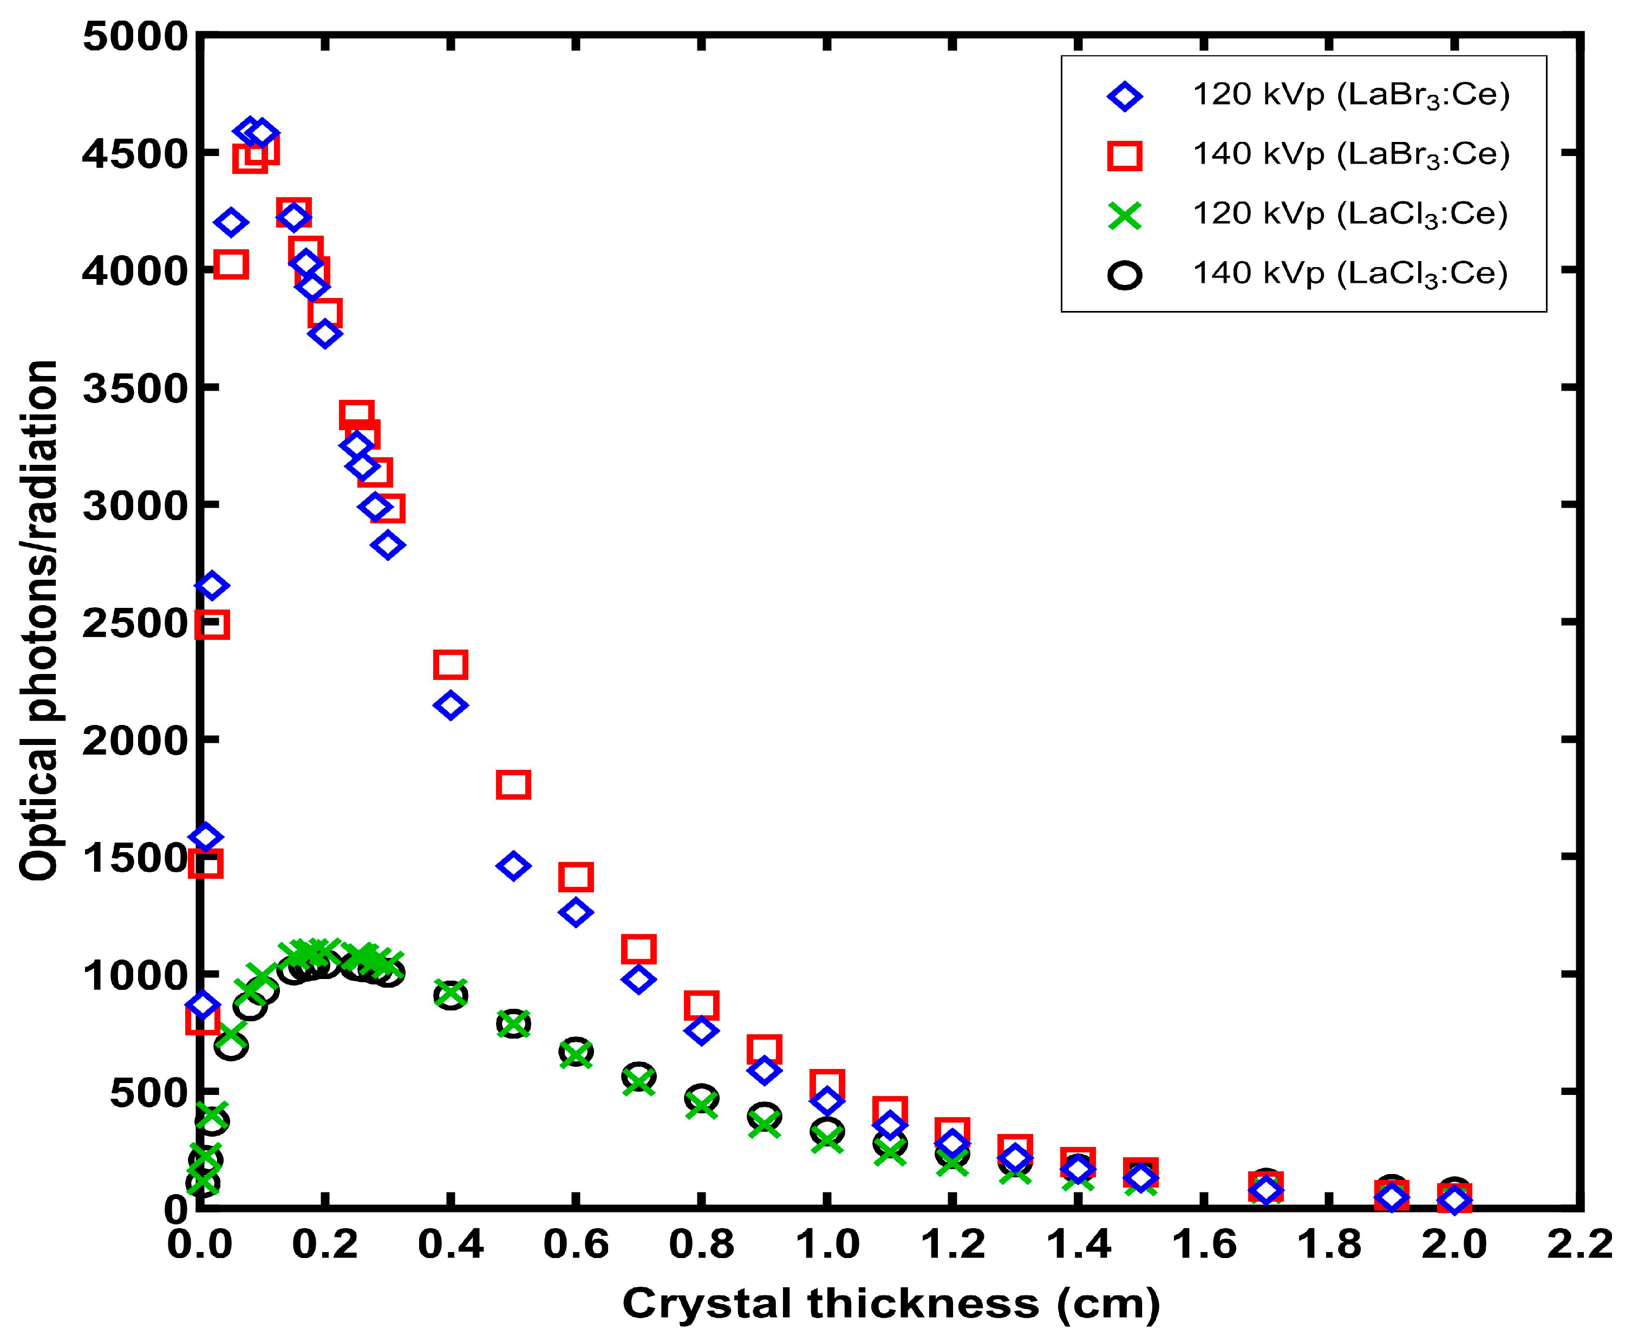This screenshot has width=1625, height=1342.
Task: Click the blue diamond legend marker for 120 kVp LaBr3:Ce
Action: coord(1124,96)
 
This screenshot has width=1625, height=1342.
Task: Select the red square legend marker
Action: coord(1124,155)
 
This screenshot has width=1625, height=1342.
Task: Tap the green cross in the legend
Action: coord(1124,215)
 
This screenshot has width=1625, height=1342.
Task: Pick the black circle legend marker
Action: coord(1124,275)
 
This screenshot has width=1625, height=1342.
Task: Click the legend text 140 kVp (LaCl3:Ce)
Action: coord(1350,274)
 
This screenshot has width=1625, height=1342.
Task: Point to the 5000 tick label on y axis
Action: coord(135,36)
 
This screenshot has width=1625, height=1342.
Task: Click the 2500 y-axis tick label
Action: coord(135,623)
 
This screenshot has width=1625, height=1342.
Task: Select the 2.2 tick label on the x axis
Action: coord(1578,1244)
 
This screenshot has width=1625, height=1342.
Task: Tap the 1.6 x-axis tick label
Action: coord(1203,1244)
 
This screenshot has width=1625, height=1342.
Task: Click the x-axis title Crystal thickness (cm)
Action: coord(890,1304)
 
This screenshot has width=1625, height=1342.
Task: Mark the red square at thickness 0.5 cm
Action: coord(514,785)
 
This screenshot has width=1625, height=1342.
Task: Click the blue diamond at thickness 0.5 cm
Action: coord(514,866)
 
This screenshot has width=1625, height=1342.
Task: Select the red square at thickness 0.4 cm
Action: coord(451,664)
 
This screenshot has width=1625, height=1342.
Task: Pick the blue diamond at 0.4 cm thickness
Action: coord(451,705)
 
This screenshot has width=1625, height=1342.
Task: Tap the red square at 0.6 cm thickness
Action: coord(576,877)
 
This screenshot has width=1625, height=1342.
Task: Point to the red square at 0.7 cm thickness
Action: coord(638,949)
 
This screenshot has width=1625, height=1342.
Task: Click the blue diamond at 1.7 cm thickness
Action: coord(1265,1190)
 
